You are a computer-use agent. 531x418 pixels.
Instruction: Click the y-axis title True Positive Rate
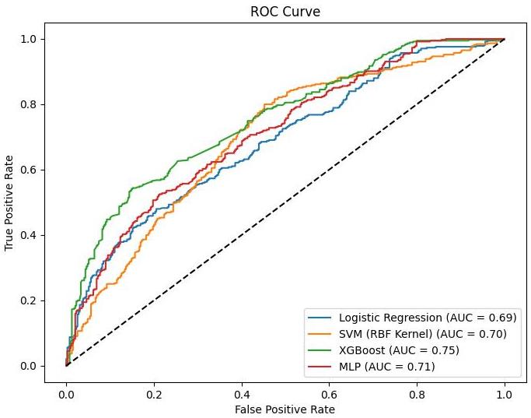click(10, 202)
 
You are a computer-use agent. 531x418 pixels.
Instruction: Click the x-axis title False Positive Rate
click(285, 408)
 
